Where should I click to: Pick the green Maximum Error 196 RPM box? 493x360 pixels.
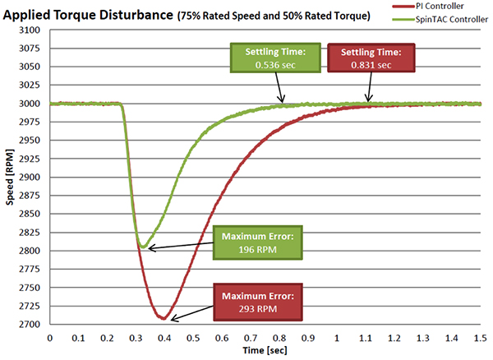point(256,244)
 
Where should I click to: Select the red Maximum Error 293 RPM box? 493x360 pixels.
point(256,302)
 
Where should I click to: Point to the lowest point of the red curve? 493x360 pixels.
point(164,318)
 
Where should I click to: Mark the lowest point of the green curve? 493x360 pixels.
point(142,247)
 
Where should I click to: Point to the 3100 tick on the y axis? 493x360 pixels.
point(31,30)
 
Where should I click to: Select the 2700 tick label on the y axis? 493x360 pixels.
point(31,324)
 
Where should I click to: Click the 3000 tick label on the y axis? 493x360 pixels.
point(31,104)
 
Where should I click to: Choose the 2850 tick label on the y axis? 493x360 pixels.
point(31,214)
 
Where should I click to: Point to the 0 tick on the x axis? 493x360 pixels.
point(50,337)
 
